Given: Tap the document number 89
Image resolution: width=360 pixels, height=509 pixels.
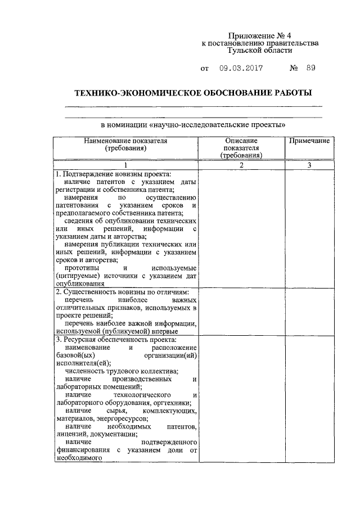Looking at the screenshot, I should (x=311, y=69).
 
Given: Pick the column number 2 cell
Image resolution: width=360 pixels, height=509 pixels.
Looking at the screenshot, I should (x=241, y=165).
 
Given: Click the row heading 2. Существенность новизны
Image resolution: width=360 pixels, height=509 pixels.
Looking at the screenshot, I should (x=122, y=293).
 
